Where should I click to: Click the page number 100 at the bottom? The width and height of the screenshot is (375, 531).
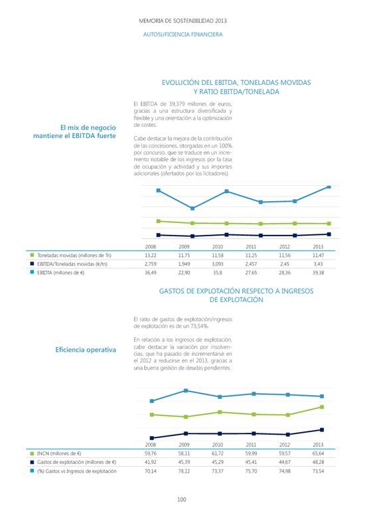click(182, 500)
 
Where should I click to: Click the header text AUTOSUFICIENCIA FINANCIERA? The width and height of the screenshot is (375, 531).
click(183, 35)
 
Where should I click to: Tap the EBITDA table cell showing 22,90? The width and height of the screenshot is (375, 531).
click(184, 273)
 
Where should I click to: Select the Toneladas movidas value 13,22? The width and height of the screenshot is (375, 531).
click(151, 256)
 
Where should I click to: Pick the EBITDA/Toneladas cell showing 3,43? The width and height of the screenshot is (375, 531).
click(318, 264)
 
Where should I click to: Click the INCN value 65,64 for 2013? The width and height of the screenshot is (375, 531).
click(318, 453)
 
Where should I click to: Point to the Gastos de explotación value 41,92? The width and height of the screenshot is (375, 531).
click(151, 462)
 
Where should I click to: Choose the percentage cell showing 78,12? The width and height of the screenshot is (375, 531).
click(184, 471)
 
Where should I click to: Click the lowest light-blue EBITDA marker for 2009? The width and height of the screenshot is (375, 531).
click(192, 208)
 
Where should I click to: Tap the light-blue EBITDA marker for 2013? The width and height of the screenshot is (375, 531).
click(329, 187)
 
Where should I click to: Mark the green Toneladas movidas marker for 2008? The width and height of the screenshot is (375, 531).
click(158, 221)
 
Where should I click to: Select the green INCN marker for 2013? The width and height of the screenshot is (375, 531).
click(322, 407)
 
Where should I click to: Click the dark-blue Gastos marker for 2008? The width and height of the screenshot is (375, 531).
click(152, 438)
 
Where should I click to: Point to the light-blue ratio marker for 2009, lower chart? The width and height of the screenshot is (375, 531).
click(186, 391)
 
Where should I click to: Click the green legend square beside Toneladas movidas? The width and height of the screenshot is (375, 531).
click(32, 255)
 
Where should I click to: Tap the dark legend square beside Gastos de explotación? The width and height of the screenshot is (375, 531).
click(32, 462)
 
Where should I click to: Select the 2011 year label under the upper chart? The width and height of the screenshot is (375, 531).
click(251, 246)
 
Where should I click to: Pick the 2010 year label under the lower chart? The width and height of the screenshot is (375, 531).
click(218, 445)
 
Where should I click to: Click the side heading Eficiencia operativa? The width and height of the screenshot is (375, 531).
click(86, 350)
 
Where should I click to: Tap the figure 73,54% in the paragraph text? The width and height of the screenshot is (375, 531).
click(200, 326)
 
